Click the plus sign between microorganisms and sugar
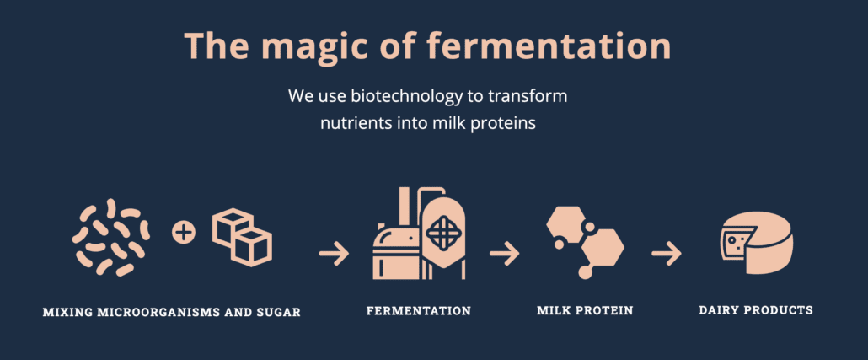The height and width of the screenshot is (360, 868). click(184, 232)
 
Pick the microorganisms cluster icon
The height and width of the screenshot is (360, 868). click(110, 237)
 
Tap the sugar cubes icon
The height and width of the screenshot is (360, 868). click(242, 237)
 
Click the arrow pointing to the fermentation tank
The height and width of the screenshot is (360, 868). click(334, 254)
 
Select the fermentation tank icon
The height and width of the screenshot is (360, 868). click(419, 233)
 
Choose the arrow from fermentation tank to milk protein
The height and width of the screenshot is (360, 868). click(504, 254)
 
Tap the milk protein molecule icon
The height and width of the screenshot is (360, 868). click(585, 239)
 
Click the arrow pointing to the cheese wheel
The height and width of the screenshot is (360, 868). click(667, 254)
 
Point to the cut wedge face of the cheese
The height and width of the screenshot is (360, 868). click(733, 242)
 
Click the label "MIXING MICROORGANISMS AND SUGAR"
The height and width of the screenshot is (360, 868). click(172, 313)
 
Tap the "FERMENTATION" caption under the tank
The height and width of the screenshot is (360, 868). click(419, 311)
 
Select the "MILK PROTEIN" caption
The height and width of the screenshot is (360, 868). click(585, 310)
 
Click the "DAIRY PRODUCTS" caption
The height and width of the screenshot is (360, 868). click(756, 310)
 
